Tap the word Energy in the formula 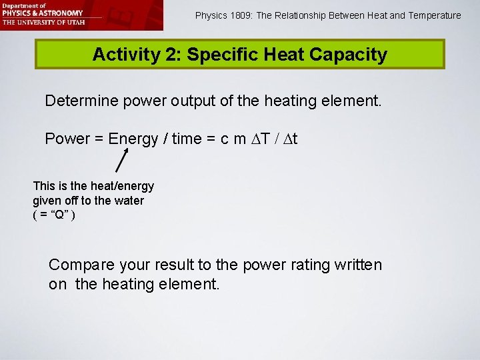[131, 139]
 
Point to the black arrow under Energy [123, 159]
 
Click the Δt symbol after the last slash [289, 139]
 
